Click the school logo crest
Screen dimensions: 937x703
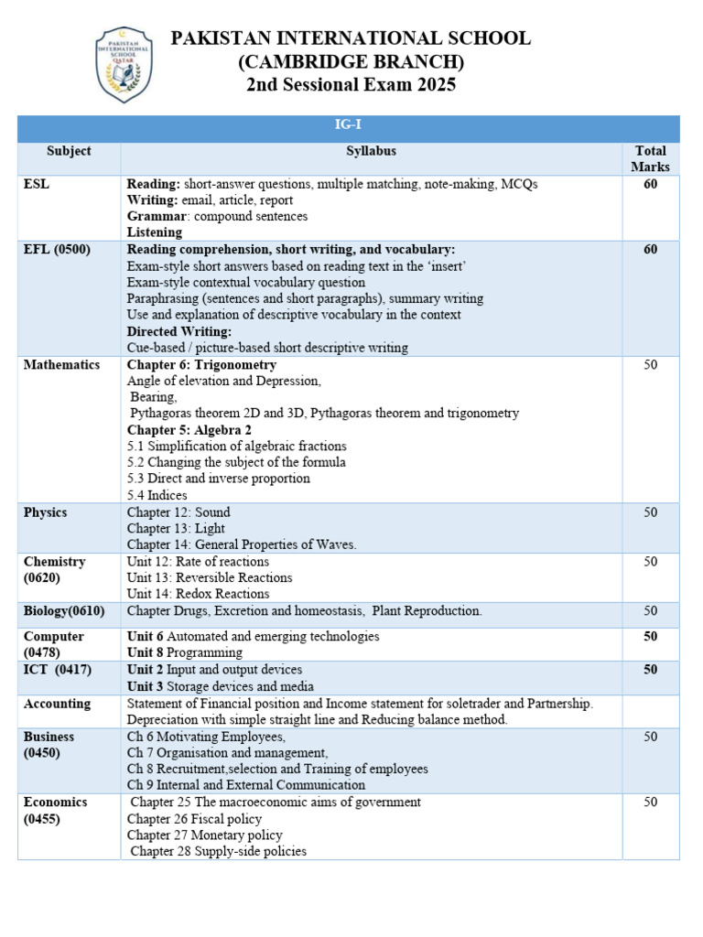click(x=124, y=64)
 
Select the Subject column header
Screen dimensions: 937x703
click(x=69, y=151)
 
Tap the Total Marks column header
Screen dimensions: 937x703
click(x=650, y=158)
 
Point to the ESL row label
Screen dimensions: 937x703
click(x=37, y=184)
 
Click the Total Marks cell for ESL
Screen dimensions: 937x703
click(x=650, y=184)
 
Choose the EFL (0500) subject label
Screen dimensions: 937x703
click(x=57, y=249)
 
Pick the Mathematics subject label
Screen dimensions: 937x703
click(x=61, y=364)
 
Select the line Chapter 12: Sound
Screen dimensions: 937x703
click(x=178, y=512)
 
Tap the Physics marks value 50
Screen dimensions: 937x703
click(x=650, y=512)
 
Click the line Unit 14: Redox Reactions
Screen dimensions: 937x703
click(x=198, y=594)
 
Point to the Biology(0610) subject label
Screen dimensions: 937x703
click(x=64, y=610)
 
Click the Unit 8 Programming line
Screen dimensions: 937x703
click(x=184, y=652)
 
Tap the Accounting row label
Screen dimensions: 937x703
click(x=57, y=704)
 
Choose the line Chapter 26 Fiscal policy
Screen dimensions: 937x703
click(x=194, y=819)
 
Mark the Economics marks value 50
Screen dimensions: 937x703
click(x=650, y=802)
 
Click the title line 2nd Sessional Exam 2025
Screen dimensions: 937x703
click(x=351, y=85)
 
